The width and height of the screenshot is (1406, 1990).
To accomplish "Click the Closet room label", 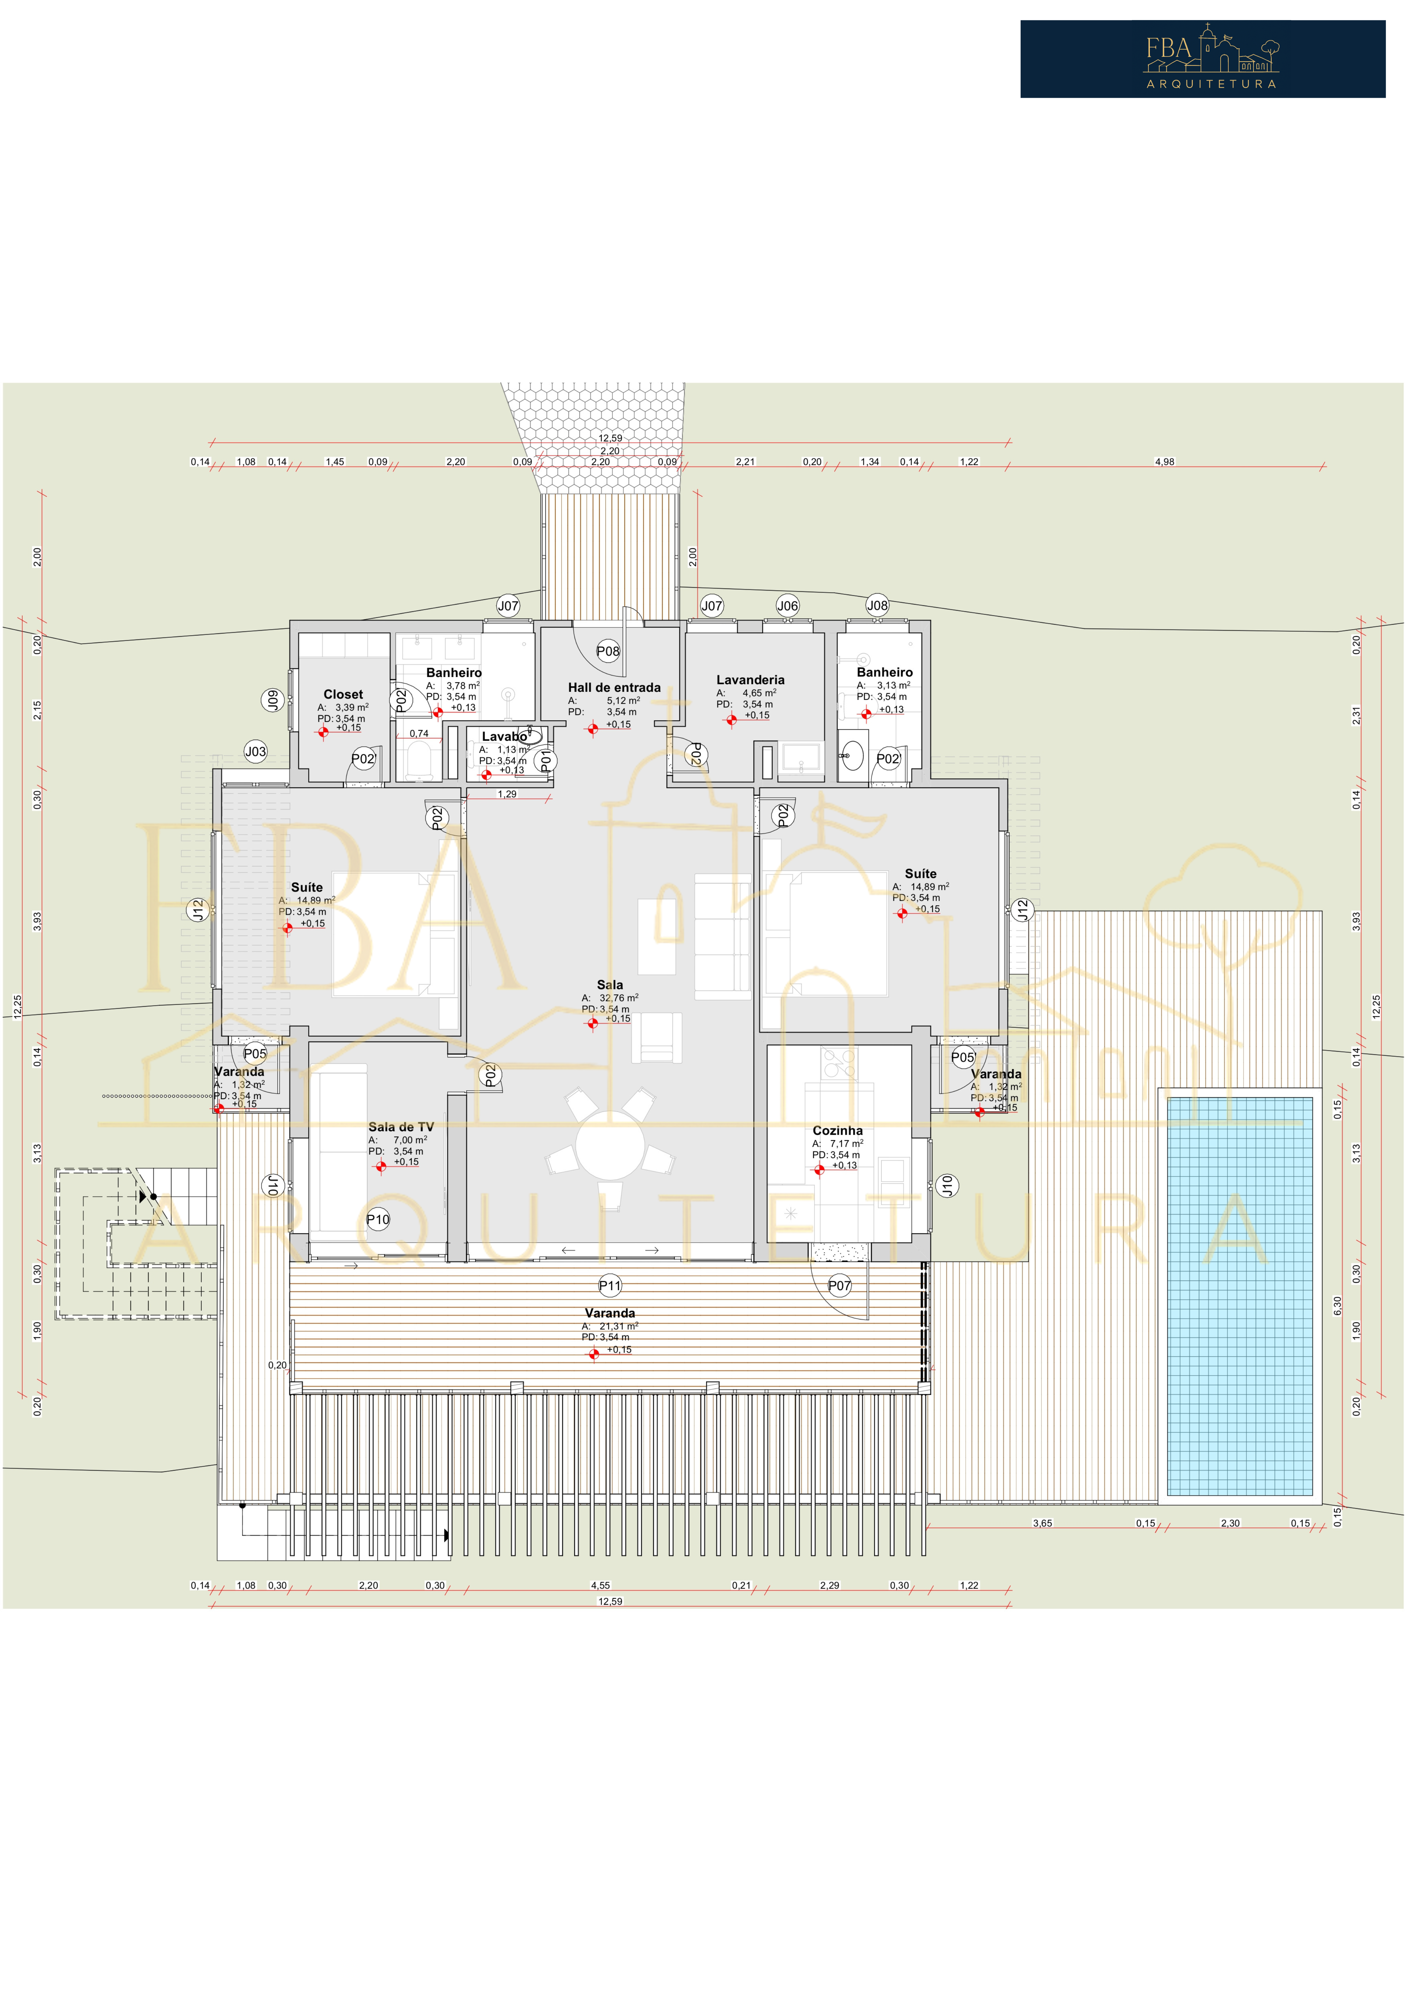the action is [343, 694].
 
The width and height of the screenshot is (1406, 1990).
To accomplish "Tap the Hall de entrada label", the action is [614, 687].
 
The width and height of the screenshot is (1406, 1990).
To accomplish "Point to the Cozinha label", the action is [838, 1130].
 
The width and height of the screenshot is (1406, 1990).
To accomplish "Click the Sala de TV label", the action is [401, 1127].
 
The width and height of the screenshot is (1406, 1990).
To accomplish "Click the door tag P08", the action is [608, 651].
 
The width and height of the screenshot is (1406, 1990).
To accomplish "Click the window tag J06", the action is [787, 606].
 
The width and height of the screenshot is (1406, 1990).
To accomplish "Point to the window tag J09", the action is [273, 700].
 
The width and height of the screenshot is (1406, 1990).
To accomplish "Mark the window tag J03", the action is [255, 751].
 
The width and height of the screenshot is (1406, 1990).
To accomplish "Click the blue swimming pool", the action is [1240, 1297].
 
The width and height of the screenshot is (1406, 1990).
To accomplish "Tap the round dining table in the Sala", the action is [610, 1145].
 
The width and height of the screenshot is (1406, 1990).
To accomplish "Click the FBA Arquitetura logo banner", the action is [1202, 59].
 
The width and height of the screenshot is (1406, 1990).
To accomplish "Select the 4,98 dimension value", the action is [1164, 462].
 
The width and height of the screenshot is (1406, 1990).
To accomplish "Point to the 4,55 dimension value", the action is [600, 1585].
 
